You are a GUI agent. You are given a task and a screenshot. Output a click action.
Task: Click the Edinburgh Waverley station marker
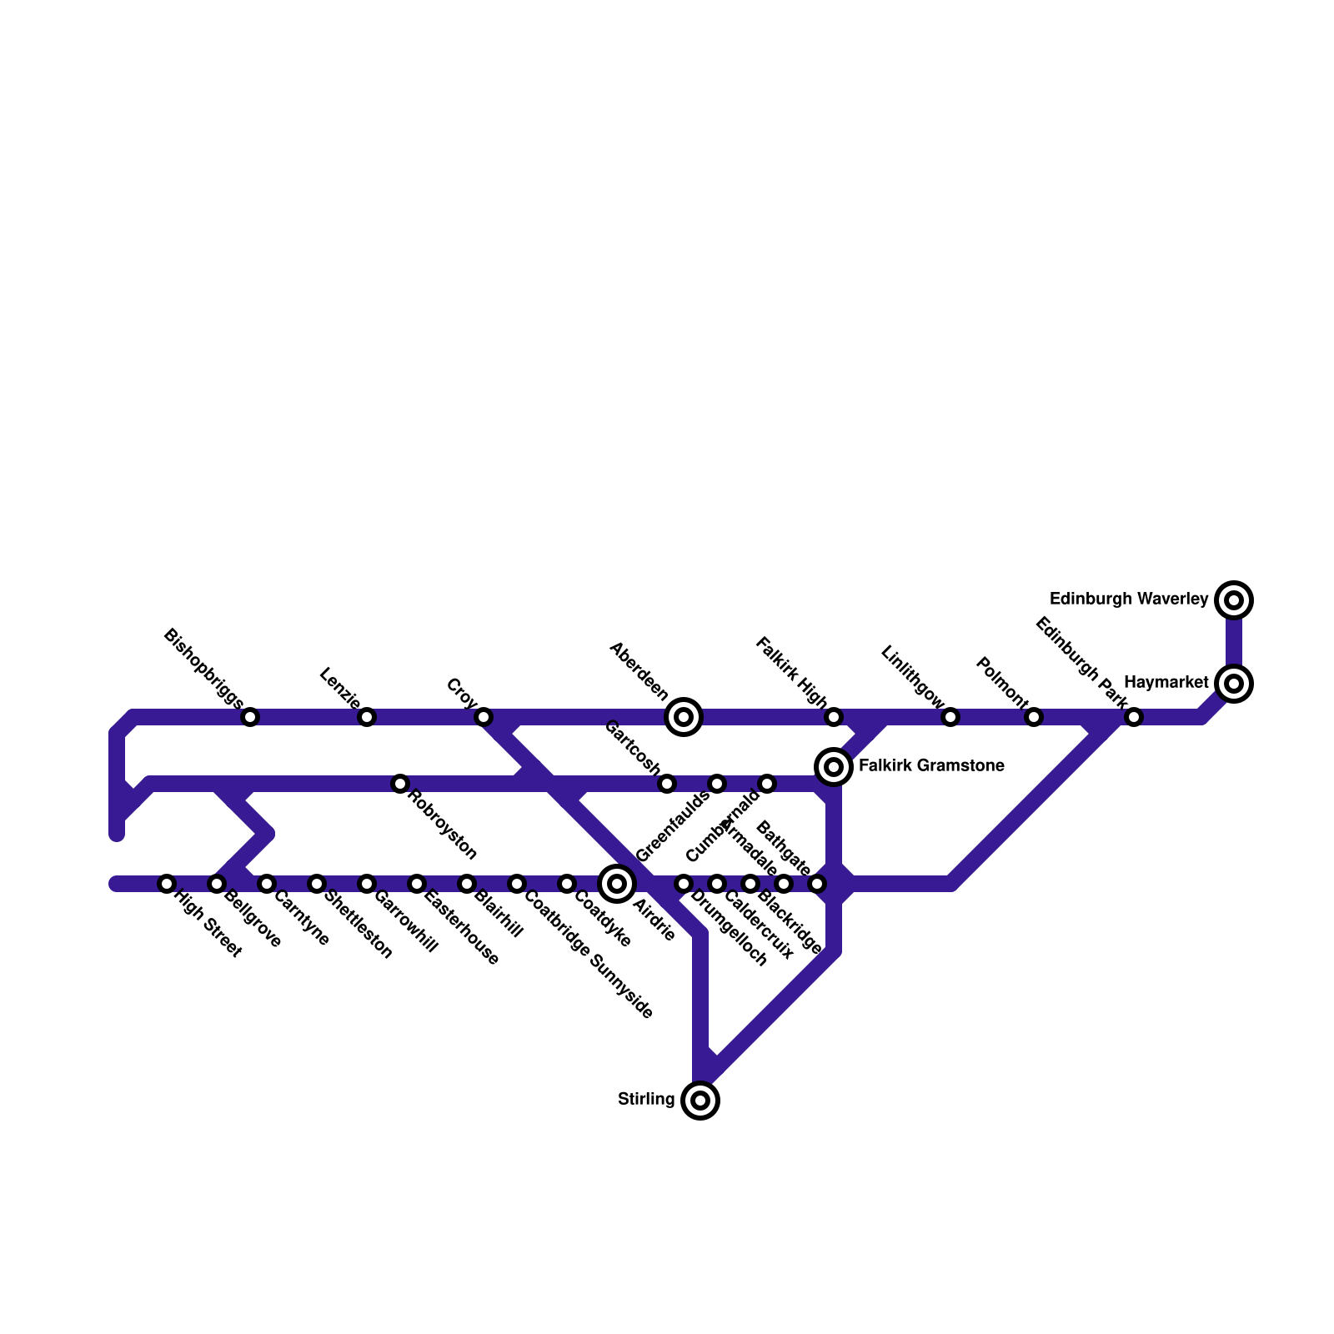click(1234, 599)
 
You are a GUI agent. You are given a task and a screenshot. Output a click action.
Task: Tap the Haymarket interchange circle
click(1234, 684)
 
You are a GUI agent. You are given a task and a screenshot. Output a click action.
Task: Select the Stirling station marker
click(700, 1101)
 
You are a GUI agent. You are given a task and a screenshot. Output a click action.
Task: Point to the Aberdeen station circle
click(684, 717)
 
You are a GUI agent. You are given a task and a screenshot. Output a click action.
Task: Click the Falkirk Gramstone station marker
click(834, 766)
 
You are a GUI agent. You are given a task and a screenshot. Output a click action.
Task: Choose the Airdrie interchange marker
click(617, 884)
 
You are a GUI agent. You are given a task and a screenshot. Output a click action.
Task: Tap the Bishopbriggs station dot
click(250, 717)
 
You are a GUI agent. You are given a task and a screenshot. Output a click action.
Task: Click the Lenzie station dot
click(367, 717)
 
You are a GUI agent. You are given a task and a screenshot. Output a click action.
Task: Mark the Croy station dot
click(484, 717)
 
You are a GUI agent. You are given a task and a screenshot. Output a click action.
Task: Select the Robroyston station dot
click(400, 784)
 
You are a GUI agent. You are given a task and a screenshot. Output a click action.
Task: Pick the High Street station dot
click(167, 884)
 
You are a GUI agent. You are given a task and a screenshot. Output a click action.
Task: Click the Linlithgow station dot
click(950, 717)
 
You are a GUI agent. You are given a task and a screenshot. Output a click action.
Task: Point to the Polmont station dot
click(1034, 717)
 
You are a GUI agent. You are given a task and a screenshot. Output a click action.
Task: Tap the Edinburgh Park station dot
click(1134, 717)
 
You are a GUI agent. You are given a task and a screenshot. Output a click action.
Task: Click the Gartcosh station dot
click(667, 784)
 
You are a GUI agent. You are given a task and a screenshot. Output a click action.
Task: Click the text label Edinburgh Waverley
click(1129, 599)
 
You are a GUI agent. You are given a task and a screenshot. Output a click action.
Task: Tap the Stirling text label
click(646, 1100)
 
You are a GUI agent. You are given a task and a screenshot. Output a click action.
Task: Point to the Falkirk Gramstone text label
click(931, 766)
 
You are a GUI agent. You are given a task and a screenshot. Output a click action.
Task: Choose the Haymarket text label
click(1166, 683)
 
